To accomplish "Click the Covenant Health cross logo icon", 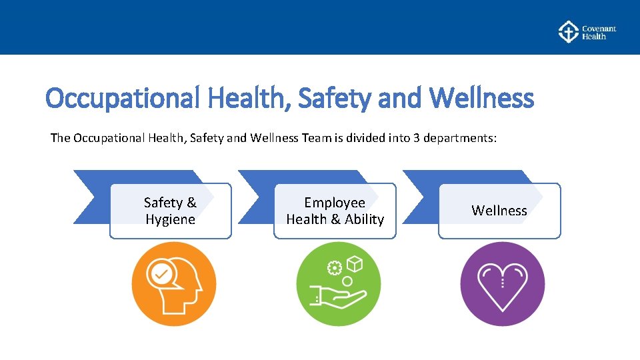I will click(x=568, y=32).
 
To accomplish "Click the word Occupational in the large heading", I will click(x=123, y=99).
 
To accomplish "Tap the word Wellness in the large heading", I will click(x=481, y=99).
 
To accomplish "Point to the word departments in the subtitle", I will click(x=459, y=138).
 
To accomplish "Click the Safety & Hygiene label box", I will click(x=170, y=211).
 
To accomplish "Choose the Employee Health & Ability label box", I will click(x=335, y=211).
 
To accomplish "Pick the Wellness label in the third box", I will click(x=499, y=211).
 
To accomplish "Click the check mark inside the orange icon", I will click(x=161, y=273).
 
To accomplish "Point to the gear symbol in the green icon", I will click(x=335, y=268).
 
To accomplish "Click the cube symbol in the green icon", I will click(x=355, y=265).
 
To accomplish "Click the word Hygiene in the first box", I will click(x=170, y=219).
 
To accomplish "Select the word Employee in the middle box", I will click(x=335, y=202).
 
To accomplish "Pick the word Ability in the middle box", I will click(x=365, y=219).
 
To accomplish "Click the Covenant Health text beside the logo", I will click(x=598, y=33).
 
